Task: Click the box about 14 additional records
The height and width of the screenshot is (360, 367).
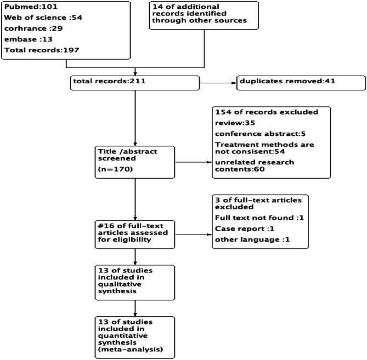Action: [x=204, y=15]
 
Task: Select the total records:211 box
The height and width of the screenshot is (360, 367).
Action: [x=134, y=83]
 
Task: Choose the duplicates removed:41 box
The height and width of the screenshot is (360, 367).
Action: [x=301, y=83]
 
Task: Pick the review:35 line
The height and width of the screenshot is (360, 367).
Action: [x=230, y=123]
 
